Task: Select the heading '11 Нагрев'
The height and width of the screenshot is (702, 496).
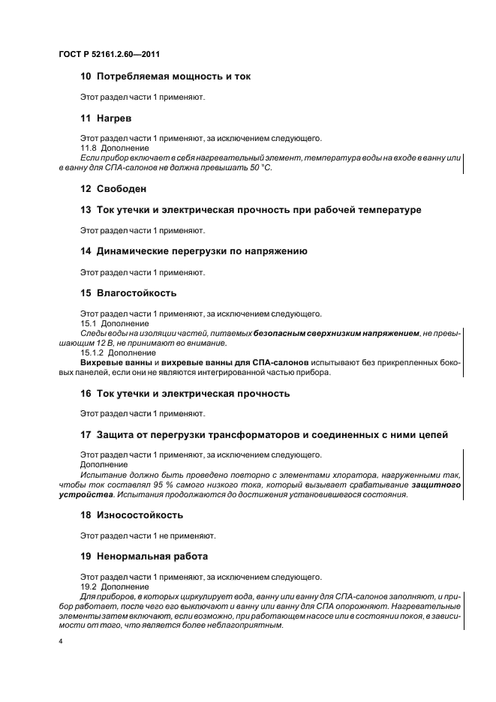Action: click(x=107, y=118)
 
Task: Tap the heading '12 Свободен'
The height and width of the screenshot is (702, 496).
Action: click(x=113, y=189)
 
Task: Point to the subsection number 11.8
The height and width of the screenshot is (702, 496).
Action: click(x=89, y=148)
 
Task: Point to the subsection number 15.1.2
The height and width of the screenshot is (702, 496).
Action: click(x=92, y=352)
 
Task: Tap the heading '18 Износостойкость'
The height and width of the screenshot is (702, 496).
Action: click(x=131, y=515)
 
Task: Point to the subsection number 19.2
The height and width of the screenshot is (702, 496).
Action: click(x=89, y=586)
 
